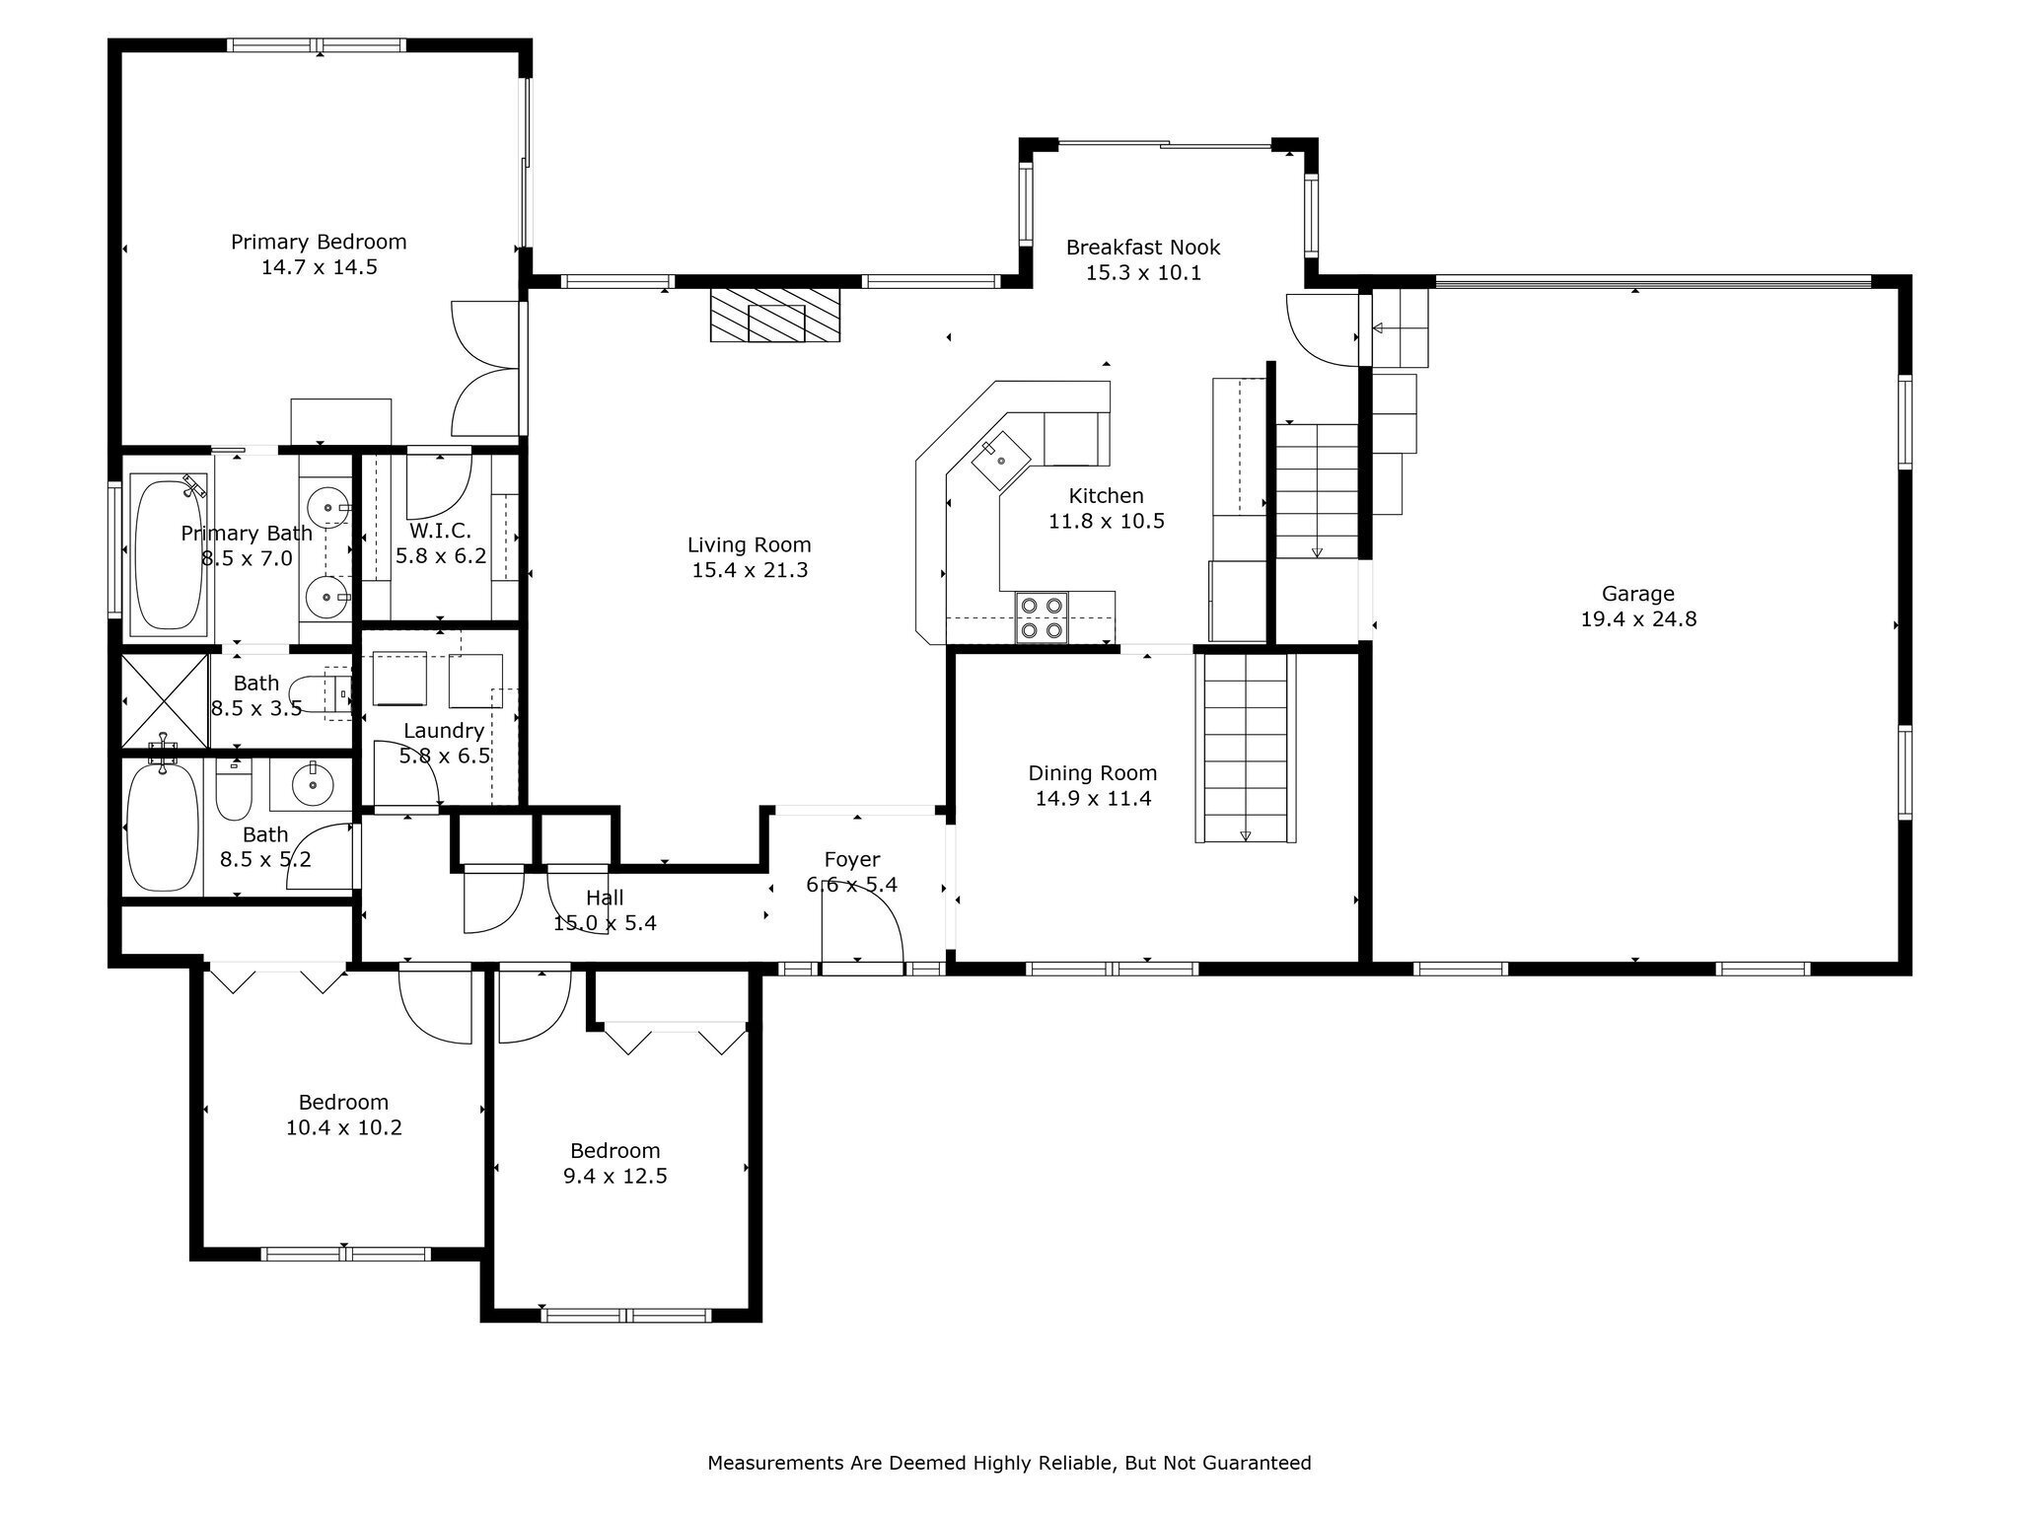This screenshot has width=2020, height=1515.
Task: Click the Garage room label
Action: point(1637,594)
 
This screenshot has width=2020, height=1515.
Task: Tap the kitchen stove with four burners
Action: point(1042,617)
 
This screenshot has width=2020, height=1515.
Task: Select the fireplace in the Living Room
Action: point(775,315)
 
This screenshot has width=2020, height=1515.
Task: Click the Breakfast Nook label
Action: point(1143,247)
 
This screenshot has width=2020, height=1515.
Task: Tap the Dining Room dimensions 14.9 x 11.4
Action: point(1093,798)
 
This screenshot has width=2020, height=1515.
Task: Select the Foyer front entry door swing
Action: point(863,917)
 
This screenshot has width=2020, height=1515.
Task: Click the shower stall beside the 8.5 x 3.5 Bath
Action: point(165,700)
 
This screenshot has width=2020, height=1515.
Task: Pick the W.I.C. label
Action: point(440,530)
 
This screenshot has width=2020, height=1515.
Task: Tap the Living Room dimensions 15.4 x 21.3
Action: point(750,570)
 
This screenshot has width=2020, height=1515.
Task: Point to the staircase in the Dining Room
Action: point(1246,748)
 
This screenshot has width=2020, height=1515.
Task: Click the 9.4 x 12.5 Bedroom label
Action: point(615,1151)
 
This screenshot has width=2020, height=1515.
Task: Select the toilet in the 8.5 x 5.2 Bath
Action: point(235,789)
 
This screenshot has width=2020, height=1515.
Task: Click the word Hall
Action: point(605,898)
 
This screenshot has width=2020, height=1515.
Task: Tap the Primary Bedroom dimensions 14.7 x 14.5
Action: point(320,267)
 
